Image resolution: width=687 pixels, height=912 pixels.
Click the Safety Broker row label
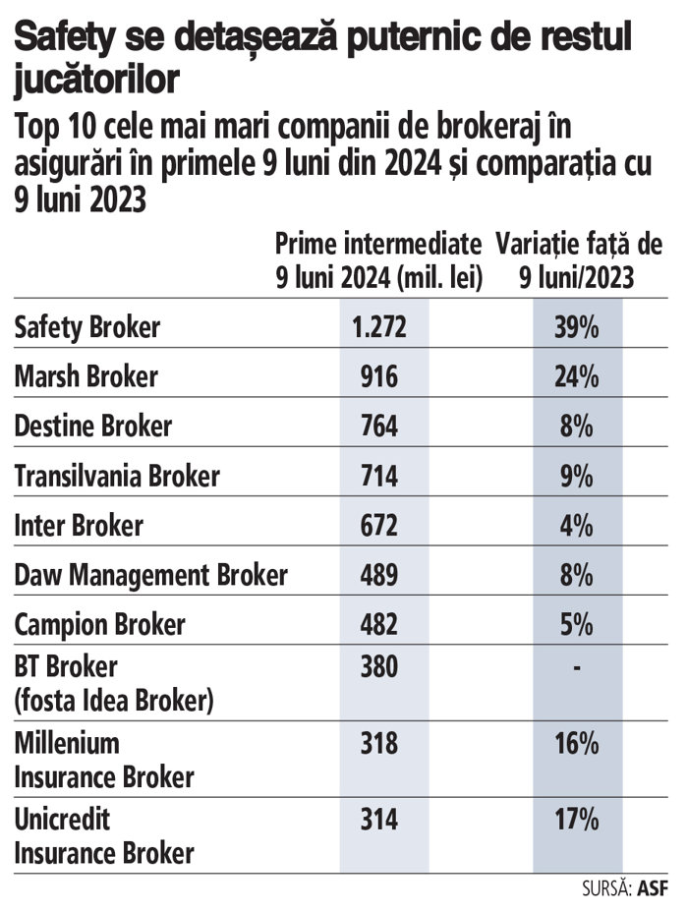86,327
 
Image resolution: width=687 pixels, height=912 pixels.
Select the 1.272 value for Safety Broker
378,327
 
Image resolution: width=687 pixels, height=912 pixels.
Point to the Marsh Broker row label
86,376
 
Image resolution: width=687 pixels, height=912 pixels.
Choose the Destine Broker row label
93,427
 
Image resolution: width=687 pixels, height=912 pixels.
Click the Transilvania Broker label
117,476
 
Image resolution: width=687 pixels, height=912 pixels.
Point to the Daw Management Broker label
151,575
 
